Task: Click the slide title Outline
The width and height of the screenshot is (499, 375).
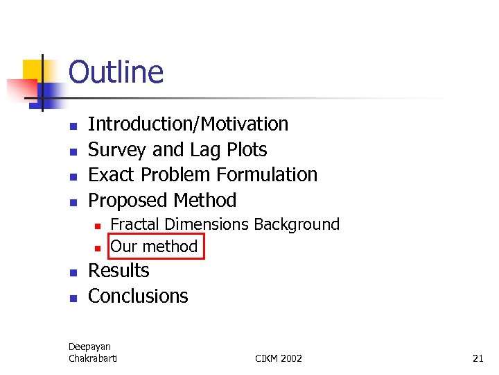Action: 116,72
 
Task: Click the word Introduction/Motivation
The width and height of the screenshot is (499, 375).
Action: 188,124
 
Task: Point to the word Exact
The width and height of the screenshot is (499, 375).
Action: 110,175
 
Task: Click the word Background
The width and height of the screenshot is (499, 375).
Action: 297,224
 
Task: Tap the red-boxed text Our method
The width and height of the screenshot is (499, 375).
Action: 154,247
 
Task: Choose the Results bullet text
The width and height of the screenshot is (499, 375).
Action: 119,271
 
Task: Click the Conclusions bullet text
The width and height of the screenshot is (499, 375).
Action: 138,297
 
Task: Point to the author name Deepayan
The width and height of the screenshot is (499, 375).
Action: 89,347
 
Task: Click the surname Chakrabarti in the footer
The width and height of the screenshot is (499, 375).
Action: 93,358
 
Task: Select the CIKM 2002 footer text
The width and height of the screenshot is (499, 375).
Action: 279,358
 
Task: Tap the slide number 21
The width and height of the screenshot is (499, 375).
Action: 478,358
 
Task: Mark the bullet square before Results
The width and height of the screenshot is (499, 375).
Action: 71,272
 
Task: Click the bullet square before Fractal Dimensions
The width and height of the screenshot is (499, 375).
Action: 98,226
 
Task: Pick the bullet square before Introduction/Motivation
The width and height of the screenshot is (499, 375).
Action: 71,126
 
